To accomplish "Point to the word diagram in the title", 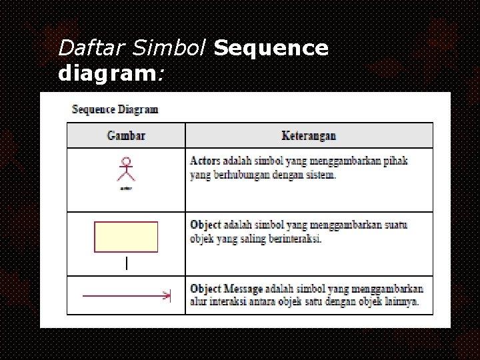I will point(106,73).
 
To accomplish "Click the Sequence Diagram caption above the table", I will point(115,109).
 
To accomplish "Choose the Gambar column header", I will point(126,136).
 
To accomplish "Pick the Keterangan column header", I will point(309,136).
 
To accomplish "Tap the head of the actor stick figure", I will point(125,161).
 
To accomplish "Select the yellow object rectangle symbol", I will point(126,237).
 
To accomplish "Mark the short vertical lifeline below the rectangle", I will point(126,263).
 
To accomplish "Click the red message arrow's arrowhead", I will point(167,295).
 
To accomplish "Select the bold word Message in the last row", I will point(246,289).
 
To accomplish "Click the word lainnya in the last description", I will point(400,302).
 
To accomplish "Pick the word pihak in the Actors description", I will point(396,161).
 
